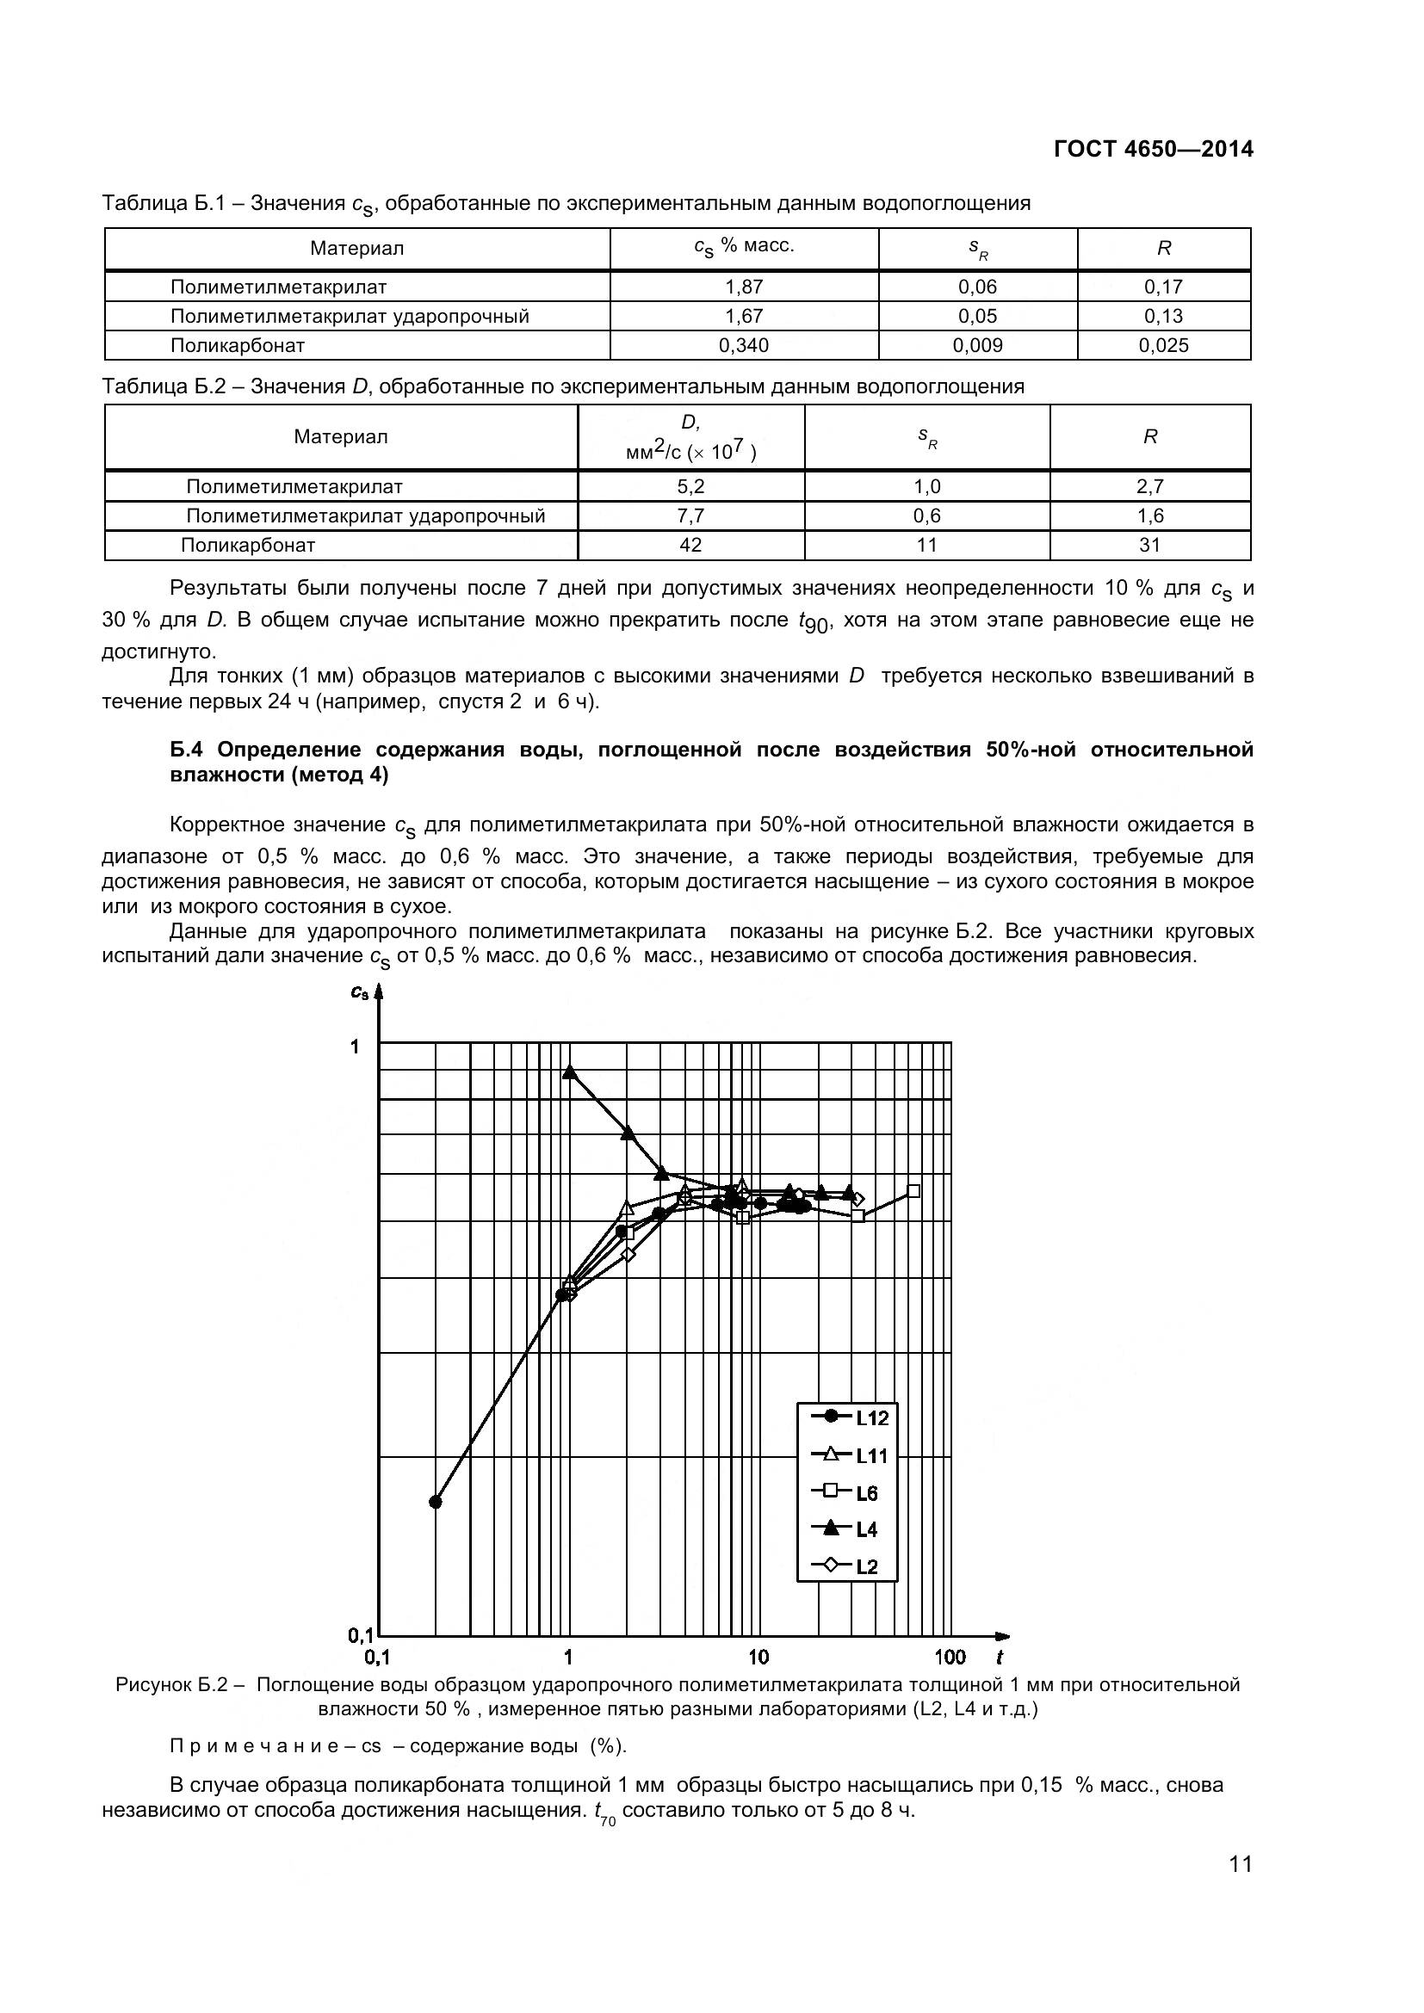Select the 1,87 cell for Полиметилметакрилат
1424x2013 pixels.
click(744, 287)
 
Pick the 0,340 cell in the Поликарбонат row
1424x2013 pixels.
click(744, 345)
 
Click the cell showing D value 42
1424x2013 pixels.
click(690, 546)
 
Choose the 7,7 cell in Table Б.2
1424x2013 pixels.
click(690, 516)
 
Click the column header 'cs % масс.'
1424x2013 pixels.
click(744, 247)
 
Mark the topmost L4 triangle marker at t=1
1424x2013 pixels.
click(569, 1072)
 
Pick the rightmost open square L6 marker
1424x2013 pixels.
click(913, 1190)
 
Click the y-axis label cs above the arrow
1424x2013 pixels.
click(360, 991)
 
